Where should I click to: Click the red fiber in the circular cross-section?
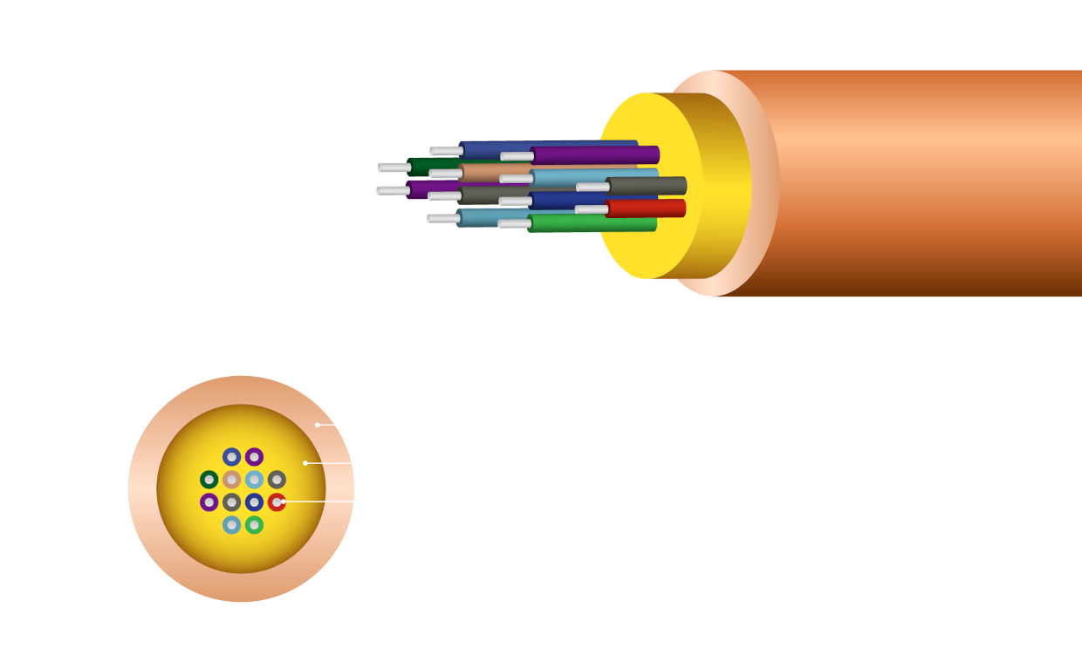point(276,502)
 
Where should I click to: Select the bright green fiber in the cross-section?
point(254,525)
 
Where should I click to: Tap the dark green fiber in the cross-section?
point(209,480)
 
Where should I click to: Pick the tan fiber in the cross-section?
point(231,480)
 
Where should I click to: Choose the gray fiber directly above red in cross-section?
point(277,480)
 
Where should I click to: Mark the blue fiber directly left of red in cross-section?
point(254,502)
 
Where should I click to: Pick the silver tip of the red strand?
point(592,209)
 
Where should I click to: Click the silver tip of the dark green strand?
point(394,167)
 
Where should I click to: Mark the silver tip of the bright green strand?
point(514,224)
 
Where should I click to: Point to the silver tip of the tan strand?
point(445,174)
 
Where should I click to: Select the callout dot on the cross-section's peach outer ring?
point(318,425)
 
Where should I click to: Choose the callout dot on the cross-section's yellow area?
point(305,463)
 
